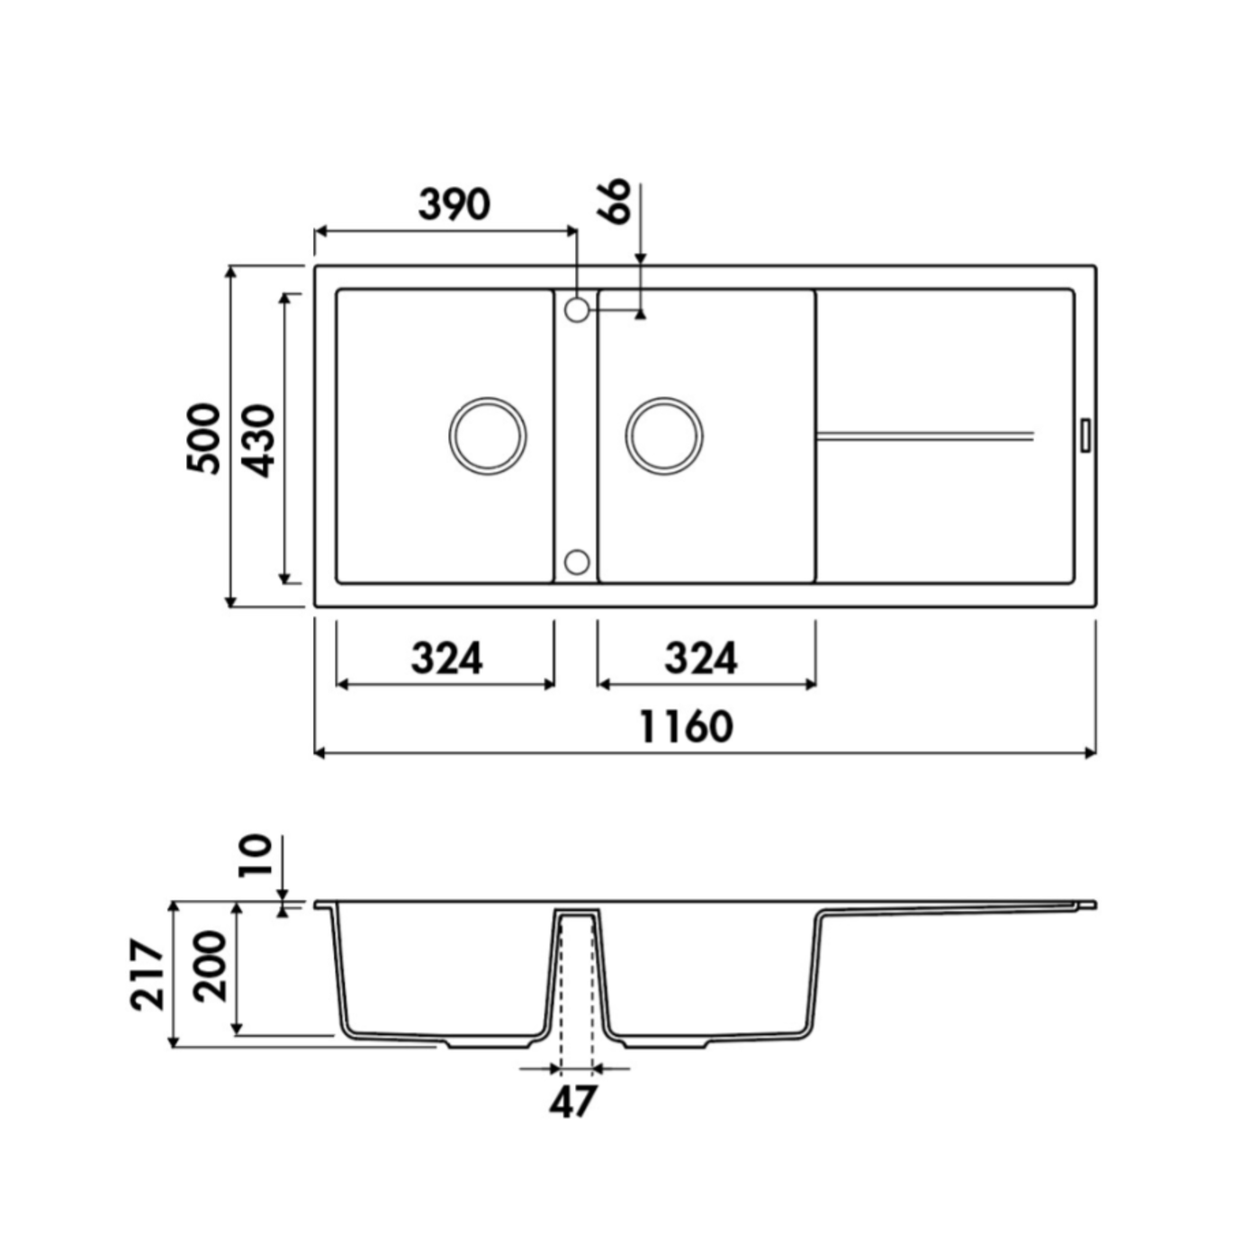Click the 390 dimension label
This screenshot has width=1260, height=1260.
(454, 204)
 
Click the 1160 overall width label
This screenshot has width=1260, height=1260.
(686, 727)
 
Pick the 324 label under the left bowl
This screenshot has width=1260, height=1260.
(446, 659)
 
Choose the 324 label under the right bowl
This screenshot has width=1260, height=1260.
(700, 659)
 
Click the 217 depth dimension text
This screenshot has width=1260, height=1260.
(147, 975)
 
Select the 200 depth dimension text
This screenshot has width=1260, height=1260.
(210, 967)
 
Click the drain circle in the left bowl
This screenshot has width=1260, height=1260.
(487, 436)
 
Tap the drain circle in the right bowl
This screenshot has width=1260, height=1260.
(663, 436)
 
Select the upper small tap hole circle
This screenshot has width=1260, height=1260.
(576, 310)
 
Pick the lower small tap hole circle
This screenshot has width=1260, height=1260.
(576, 561)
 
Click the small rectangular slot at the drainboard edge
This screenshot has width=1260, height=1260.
(1084, 435)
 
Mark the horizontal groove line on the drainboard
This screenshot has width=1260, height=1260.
(925, 436)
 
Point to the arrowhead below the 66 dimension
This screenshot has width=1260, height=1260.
(640, 314)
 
